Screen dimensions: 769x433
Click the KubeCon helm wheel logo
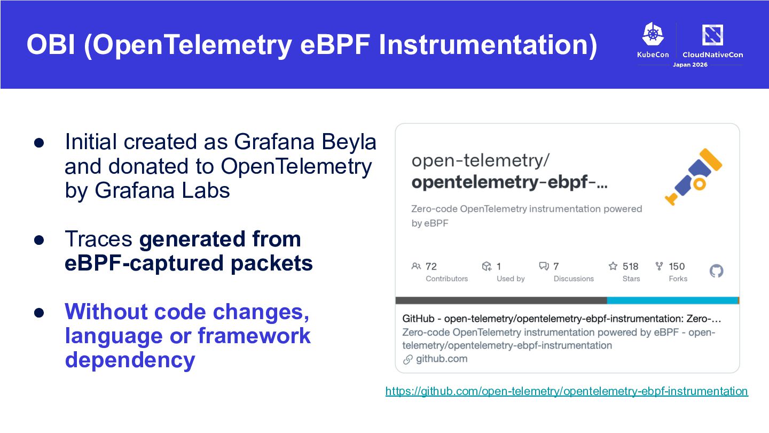click(x=653, y=34)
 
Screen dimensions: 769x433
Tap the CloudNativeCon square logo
click(x=712, y=35)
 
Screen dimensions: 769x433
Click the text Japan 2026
click(x=690, y=65)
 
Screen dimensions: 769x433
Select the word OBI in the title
click(x=51, y=45)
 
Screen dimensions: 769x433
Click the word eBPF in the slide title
click(x=335, y=45)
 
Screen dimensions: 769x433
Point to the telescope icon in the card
click(x=694, y=177)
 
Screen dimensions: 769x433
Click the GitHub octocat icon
click(x=717, y=271)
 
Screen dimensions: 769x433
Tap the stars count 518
click(x=630, y=266)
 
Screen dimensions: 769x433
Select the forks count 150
click(x=677, y=266)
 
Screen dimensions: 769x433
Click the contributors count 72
click(x=431, y=266)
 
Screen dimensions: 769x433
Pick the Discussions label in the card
click(x=574, y=279)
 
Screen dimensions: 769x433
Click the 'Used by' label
click(x=511, y=279)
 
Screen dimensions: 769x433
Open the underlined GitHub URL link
click(x=567, y=391)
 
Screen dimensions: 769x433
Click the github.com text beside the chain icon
click(x=442, y=359)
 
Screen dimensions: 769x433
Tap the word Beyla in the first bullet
click(x=349, y=143)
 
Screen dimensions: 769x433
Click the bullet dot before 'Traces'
click(x=39, y=240)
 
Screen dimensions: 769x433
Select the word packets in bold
click(x=271, y=263)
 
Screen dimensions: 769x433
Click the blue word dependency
click(x=130, y=360)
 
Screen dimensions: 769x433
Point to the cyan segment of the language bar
click(x=672, y=300)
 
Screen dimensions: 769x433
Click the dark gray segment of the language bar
click(x=501, y=300)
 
